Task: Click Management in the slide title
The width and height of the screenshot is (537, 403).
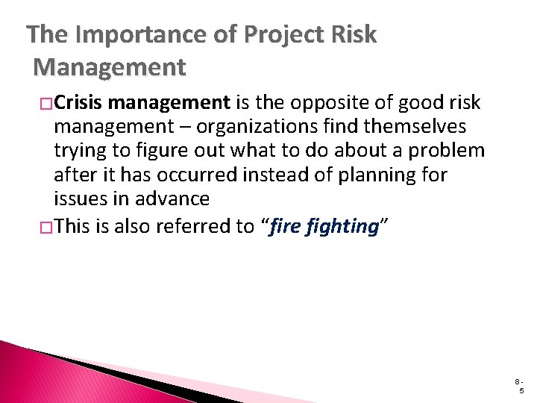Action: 109,68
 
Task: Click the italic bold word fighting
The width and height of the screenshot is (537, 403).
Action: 342,226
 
